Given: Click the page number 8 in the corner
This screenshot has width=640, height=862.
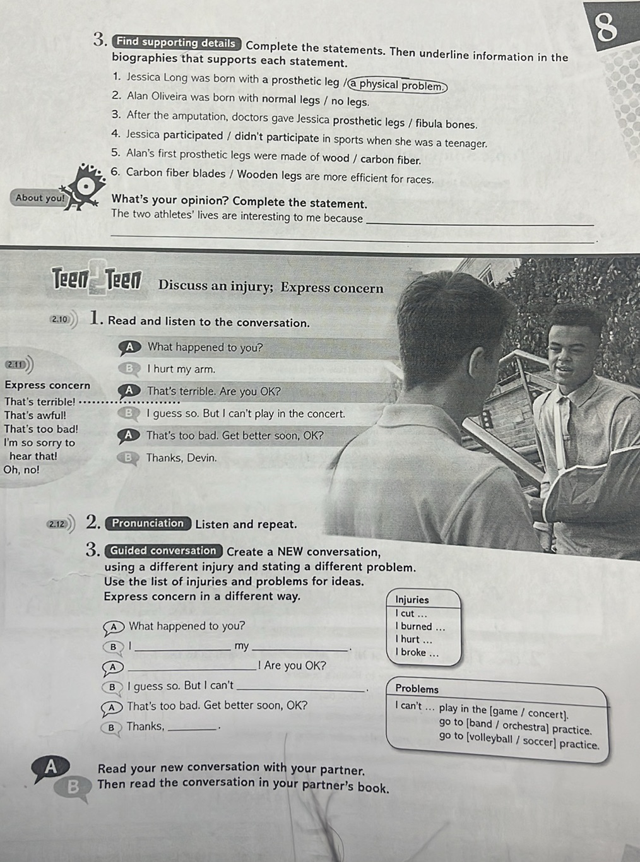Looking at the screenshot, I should click(x=605, y=28).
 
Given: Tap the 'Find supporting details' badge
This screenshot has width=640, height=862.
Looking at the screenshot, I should click(x=176, y=43).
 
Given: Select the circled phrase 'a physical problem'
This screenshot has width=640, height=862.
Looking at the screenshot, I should click(x=399, y=86).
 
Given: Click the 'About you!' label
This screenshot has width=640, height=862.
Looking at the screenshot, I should click(x=40, y=198).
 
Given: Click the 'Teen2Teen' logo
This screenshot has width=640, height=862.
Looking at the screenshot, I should click(x=97, y=278).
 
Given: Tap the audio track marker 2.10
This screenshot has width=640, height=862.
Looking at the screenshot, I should click(x=61, y=319).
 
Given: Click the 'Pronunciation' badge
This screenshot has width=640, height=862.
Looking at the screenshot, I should click(x=148, y=523).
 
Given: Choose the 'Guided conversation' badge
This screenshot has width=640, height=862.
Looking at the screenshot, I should click(x=163, y=550).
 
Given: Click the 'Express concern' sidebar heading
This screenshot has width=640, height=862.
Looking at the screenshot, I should click(x=47, y=385).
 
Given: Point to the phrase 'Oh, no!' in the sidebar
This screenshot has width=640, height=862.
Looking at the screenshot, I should click(x=21, y=469).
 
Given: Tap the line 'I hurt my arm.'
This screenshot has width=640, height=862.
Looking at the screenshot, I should click(x=181, y=369).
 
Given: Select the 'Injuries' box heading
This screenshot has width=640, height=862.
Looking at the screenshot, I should click(x=412, y=599).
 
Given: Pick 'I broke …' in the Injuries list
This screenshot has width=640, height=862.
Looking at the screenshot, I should click(x=417, y=652).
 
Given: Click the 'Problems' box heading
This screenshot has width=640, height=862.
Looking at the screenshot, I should click(x=417, y=689).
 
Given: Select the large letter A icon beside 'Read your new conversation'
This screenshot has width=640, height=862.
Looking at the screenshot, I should click(x=50, y=767).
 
